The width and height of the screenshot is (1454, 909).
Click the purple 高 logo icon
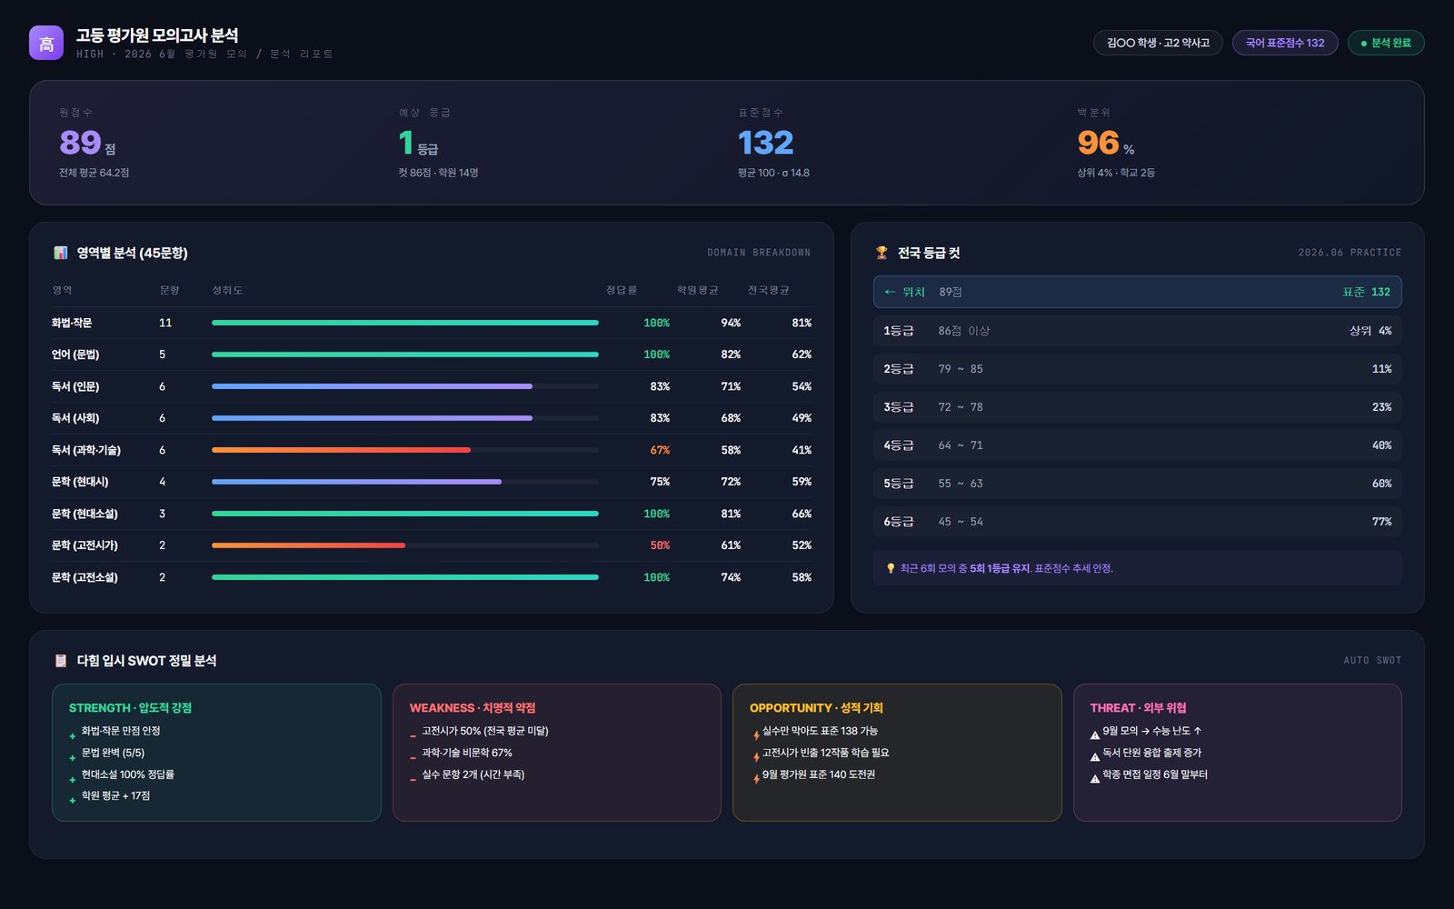tap(46, 43)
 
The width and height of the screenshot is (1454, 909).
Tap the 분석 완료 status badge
tap(1386, 43)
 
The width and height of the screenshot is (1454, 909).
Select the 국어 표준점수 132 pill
tap(1285, 43)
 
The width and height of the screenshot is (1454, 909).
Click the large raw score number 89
tap(81, 143)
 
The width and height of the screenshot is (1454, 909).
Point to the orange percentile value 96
tap(1099, 143)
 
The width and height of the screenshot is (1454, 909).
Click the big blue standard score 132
tap(765, 143)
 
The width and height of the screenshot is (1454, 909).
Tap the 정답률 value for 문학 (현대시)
tap(660, 482)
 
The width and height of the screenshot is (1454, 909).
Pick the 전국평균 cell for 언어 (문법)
tap(801, 355)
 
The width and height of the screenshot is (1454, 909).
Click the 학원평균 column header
tap(698, 290)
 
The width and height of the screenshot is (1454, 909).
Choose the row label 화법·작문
tap(72, 323)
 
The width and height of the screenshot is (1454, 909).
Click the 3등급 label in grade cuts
tap(899, 407)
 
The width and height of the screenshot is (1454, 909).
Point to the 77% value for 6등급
tap(1381, 522)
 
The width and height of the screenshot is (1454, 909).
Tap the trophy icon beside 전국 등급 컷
tap(881, 253)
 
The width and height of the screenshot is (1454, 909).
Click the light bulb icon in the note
tap(891, 569)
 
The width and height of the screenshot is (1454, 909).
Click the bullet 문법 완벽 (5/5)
tap(113, 753)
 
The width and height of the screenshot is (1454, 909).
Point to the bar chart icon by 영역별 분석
tap(60, 253)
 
